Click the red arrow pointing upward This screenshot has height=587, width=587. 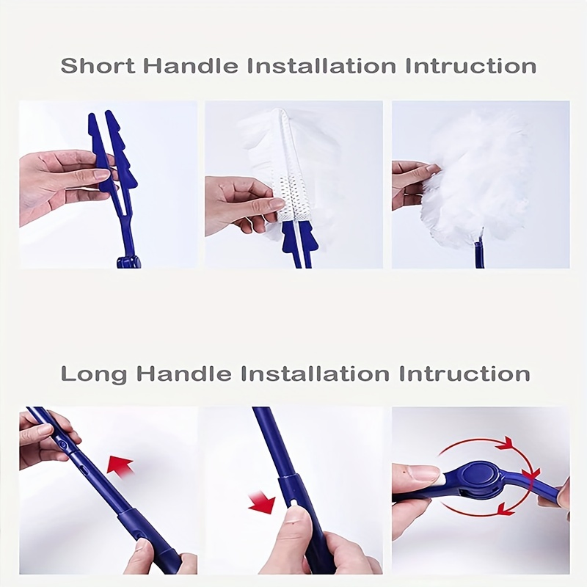tap(120, 465)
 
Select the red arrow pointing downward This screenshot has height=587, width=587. tap(262, 503)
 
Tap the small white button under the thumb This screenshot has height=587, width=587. tap(294, 503)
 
